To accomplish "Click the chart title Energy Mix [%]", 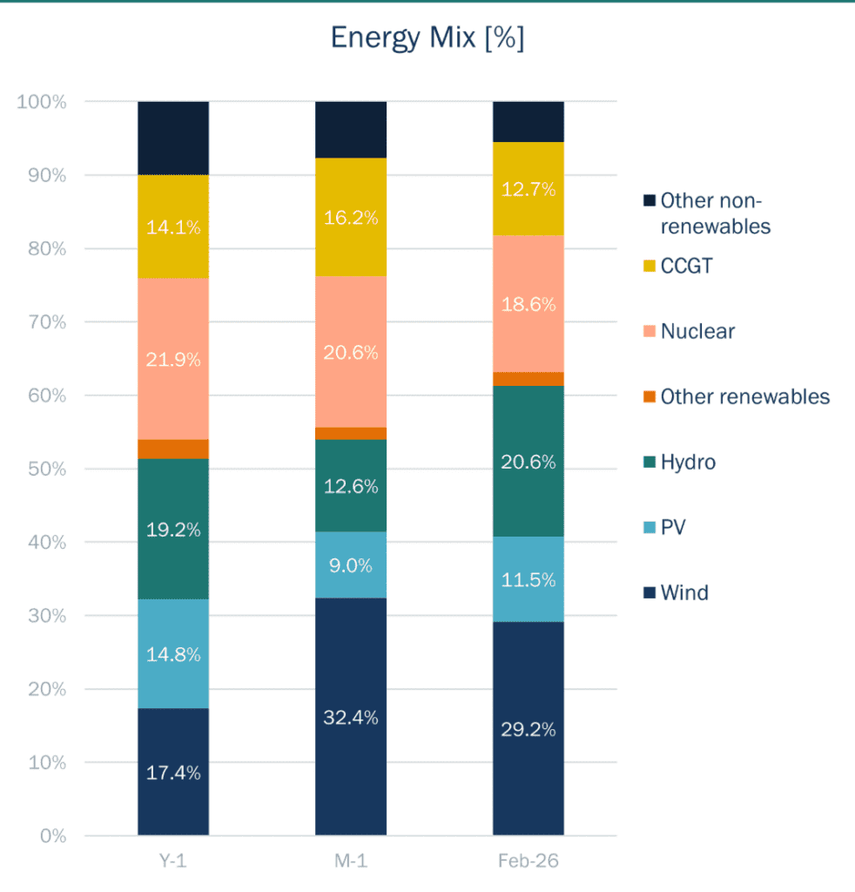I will coord(427,38).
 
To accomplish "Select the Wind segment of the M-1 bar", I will coord(351,679).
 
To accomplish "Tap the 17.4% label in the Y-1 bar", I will coord(173,773).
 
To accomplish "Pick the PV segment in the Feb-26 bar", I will coord(528,578).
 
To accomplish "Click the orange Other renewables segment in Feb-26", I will coord(528,379).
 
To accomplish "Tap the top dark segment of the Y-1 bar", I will coord(173,138).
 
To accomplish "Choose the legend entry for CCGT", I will coord(685,266).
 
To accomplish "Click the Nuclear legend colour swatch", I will coord(649,332).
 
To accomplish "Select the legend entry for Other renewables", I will coord(744,397).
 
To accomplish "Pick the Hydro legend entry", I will coord(687,463).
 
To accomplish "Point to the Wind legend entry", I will coord(683,593).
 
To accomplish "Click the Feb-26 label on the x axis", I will coord(528,862).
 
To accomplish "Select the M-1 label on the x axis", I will coord(351,862).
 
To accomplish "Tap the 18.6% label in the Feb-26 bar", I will coord(528,305).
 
